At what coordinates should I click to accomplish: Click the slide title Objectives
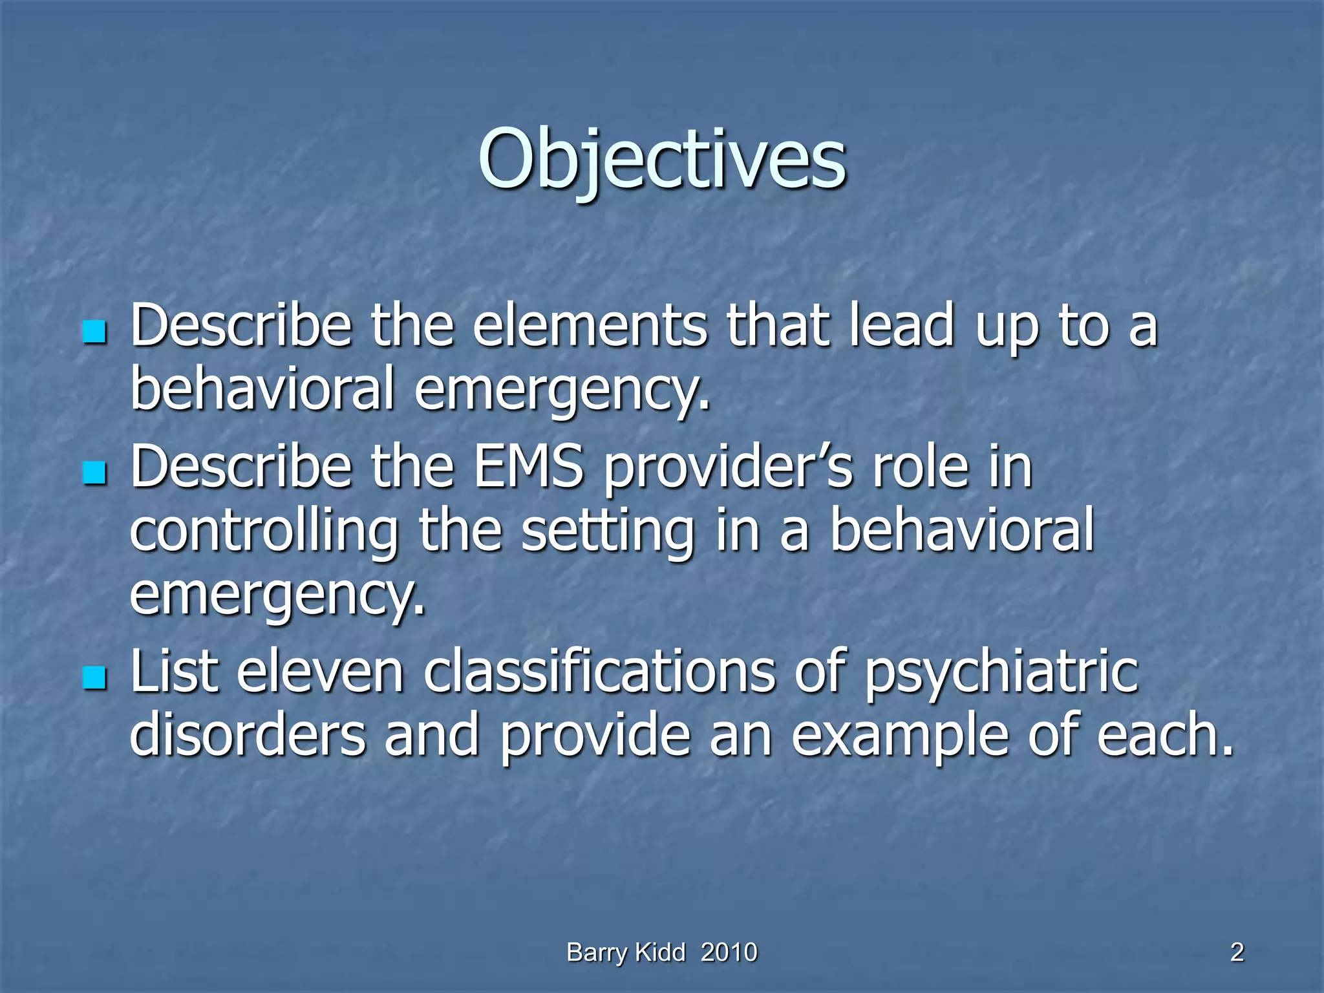[662, 158]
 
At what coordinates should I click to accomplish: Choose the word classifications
[599, 672]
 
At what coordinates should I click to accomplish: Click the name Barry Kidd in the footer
[625, 953]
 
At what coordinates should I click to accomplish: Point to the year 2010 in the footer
[729, 953]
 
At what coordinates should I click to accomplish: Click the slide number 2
[1237, 953]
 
